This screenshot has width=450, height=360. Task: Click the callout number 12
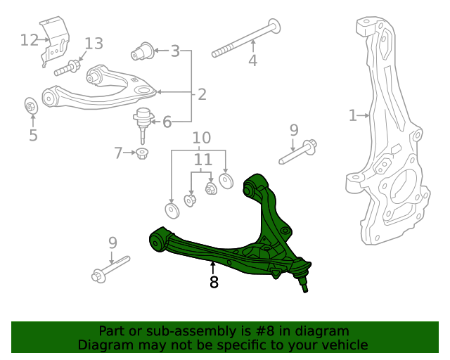(x=30, y=39)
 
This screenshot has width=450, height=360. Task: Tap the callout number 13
(x=94, y=44)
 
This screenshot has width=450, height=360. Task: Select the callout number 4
(x=252, y=61)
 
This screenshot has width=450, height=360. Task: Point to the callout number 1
(x=353, y=115)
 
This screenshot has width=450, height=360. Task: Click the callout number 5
(x=33, y=135)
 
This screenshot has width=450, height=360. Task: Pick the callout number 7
(x=118, y=151)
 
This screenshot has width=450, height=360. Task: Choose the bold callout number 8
(x=214, y=283)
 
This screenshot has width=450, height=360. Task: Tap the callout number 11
(x=202, y=160)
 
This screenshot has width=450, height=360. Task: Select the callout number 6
(x=167, y=122)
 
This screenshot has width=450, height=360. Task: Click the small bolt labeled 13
(x=65, y=70)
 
